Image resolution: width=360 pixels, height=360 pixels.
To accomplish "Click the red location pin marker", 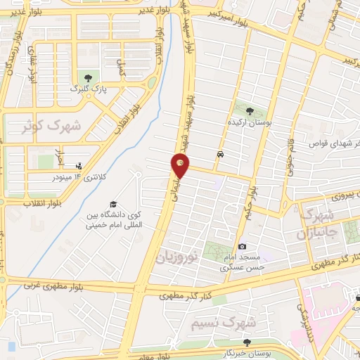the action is click(181, 166).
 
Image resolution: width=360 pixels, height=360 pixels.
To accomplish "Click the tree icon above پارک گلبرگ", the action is click(87, 78).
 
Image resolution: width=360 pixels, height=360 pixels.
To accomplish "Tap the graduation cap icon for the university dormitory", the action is click(113, 204).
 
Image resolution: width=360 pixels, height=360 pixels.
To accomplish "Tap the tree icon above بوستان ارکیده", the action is click(250, 110).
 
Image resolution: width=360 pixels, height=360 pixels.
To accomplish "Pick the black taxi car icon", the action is click(221, 154).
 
